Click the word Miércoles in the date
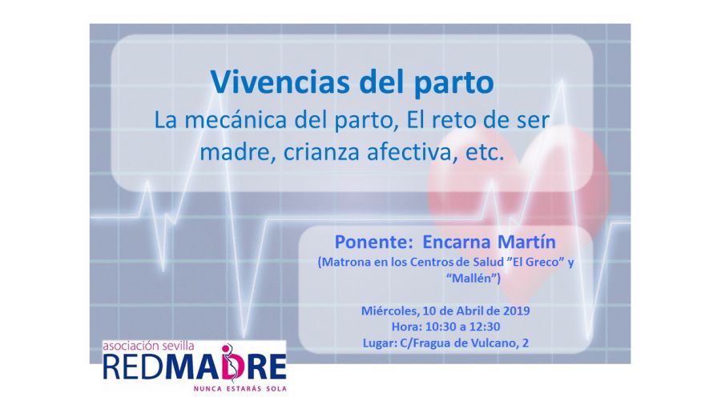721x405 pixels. click(x=390, y=311)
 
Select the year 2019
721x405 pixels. click(x=517, y=311)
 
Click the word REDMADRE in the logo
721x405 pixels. click(x=195, y=367)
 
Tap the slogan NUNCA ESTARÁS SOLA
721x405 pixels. click(x=240, y=388)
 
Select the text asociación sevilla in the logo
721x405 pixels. click(x=148, y=346)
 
